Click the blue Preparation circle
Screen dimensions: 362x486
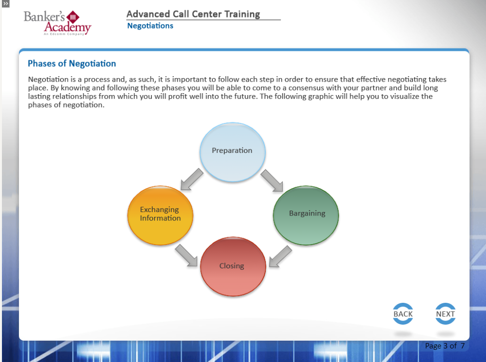[232, 152]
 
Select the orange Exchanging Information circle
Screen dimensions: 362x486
[160, 214]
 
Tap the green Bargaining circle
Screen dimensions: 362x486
[306, 214]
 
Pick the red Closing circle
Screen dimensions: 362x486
[233, 266]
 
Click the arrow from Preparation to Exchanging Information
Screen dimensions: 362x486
[192, 180]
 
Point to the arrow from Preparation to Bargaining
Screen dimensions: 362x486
[272, 181]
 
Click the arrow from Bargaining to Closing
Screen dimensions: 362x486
[280, 256]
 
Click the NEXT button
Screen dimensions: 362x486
[445, 314]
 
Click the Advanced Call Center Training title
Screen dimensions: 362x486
[193, 15]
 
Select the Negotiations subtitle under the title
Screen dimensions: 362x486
[150, 26]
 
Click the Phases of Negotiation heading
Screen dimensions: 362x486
[72, 64]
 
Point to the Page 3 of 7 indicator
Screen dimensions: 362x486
[444, 346]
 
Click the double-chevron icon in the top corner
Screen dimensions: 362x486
[5, 3]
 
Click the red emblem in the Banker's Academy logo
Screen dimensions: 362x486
[74, 17]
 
